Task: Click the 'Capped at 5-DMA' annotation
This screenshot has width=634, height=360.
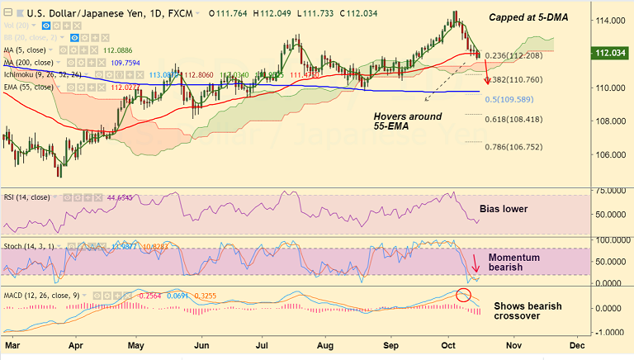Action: tap(528, 17)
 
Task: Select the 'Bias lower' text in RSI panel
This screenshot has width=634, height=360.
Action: tap(504, 209)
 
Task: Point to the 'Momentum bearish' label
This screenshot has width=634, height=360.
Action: tap(513, 263)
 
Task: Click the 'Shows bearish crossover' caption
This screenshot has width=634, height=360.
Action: tap(528, 311)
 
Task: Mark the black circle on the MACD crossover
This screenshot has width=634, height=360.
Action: tap(464, 295)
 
